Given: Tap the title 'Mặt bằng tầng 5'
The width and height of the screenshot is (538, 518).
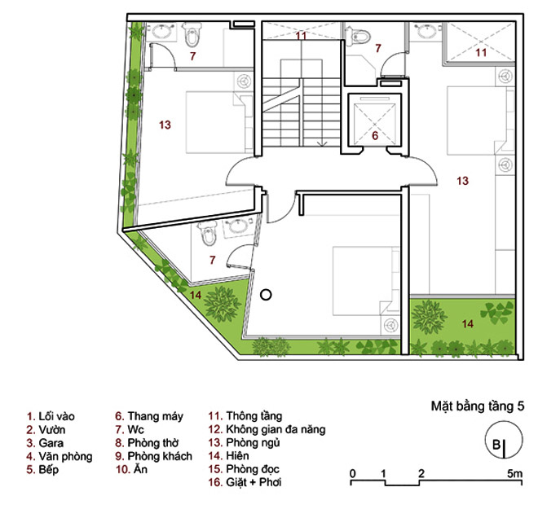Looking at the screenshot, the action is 478,406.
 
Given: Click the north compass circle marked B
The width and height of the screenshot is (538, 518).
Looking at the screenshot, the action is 504,440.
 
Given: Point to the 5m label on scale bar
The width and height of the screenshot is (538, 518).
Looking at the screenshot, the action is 515,474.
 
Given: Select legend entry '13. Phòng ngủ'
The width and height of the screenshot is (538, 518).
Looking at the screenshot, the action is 244,442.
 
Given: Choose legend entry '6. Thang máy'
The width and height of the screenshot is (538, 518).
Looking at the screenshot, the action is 149,416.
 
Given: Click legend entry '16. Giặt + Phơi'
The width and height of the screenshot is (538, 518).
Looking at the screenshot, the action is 245,482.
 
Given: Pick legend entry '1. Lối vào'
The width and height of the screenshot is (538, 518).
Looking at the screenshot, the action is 51,416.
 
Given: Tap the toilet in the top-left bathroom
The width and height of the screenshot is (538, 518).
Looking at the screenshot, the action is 192,34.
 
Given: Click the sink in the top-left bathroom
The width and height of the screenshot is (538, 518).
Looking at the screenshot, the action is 161,31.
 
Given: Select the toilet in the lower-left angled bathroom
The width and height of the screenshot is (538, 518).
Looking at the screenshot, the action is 209,233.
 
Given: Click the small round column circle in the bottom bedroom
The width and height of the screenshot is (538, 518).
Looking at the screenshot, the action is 266,295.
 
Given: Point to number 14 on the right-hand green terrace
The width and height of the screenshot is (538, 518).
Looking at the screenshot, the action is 467,324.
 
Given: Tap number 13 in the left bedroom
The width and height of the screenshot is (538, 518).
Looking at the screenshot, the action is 165,125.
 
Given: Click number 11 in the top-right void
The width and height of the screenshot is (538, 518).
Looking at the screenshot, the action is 481,52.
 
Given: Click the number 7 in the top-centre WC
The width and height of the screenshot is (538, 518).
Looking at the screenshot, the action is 378,48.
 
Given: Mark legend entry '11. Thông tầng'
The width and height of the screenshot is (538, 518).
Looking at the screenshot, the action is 245,416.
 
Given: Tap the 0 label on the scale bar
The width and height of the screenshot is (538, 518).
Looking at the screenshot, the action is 353,474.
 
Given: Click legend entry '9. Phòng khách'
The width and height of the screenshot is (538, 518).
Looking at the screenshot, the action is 153,456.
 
